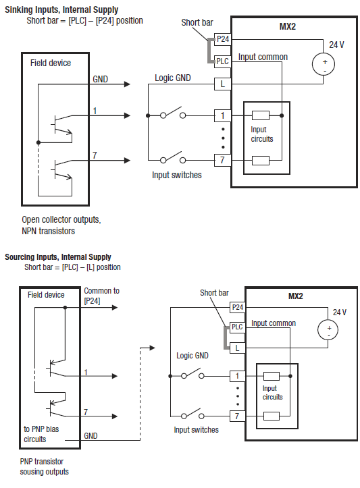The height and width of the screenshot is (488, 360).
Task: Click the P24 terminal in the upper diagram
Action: click(223, 39)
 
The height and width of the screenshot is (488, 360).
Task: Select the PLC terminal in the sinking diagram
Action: click(223, 61)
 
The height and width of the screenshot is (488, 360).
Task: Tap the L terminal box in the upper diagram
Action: click(223, 84)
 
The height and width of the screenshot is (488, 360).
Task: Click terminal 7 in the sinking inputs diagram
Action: click(223, 160)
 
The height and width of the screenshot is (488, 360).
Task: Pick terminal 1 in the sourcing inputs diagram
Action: click(237, 376)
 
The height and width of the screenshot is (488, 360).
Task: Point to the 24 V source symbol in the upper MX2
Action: click(324, 64)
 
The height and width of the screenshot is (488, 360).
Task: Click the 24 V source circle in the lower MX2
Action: click(328, 329)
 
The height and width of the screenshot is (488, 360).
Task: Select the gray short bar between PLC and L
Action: click(225, 337)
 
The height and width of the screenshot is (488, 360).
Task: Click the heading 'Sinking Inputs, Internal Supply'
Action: click(61, 9)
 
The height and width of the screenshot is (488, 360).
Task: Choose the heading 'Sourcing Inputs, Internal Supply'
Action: click(58, 257)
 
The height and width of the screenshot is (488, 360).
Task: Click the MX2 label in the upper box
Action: click(288, 26)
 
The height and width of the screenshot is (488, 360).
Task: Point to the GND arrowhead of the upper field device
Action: click(127, 84)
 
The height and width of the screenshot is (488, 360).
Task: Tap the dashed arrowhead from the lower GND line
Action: click(152, 348)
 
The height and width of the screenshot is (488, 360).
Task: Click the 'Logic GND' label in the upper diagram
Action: click(173, 78)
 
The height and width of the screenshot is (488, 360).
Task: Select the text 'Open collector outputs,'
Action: click(61, 220)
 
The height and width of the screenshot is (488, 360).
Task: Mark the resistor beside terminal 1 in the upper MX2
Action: click(261, 115)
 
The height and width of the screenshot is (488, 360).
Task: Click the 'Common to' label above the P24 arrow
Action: click(101, 291)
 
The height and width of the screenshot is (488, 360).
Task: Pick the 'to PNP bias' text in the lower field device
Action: click(41, 429)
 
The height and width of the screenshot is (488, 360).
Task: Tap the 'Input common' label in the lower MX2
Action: click(274, 323)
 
